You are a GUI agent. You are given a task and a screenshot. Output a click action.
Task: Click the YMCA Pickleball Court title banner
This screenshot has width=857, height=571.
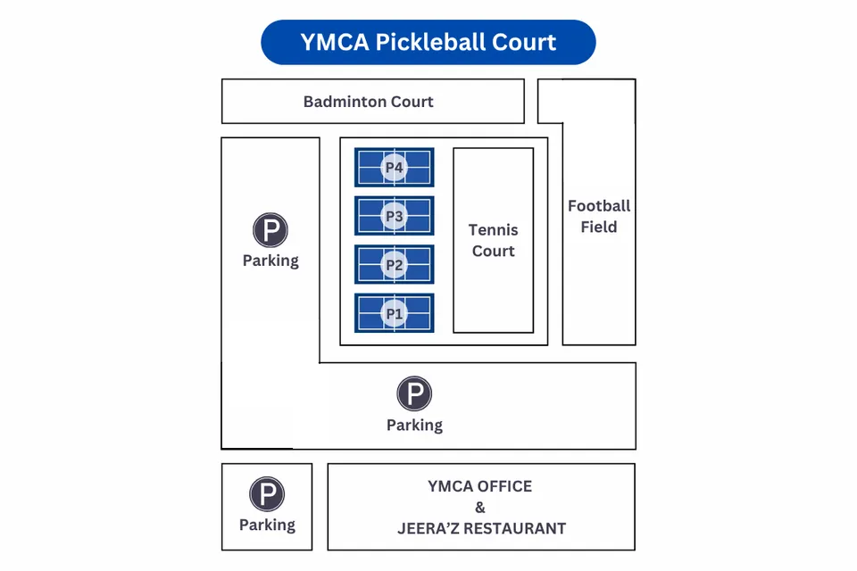(x=428, y=42)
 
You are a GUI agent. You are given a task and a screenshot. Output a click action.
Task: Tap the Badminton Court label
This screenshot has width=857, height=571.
(x=368, y=102)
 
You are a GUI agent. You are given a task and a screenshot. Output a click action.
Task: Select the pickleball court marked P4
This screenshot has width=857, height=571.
(x=394, y=167)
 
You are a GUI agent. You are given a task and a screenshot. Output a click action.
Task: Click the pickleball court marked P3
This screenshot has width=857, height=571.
(x=394, y=216)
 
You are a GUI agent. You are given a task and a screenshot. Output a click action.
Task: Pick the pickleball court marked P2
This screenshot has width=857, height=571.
(x=394, y=265)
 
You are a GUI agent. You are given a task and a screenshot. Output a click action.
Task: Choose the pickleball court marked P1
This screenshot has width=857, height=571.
(x=394, y=313)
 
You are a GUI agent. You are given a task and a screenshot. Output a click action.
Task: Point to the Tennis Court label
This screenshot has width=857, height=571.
(x=493, y=241)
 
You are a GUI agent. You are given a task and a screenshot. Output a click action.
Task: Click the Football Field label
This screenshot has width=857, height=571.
(x=599, y=216)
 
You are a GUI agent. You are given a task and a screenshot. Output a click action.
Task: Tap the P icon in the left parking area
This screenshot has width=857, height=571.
(x=270, y=230)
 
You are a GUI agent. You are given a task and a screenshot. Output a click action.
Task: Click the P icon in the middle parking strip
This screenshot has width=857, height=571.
(x=414, y=393)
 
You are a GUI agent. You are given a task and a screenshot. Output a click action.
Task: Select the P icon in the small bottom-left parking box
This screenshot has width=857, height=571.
(x=267, y=494)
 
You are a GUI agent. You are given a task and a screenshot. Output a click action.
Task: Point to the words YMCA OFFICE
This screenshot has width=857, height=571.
(x=479, y=486)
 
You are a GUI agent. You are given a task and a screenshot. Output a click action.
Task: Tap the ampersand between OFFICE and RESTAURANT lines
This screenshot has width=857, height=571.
(x=480, y=508)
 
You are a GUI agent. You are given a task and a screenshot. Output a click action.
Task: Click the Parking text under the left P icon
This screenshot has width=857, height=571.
(x=270, y=261)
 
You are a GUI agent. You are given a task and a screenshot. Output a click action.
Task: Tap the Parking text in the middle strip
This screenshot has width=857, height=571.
(x=414, y=425)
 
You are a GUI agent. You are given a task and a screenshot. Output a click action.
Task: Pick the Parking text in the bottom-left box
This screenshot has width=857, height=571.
(x=267, y=525)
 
